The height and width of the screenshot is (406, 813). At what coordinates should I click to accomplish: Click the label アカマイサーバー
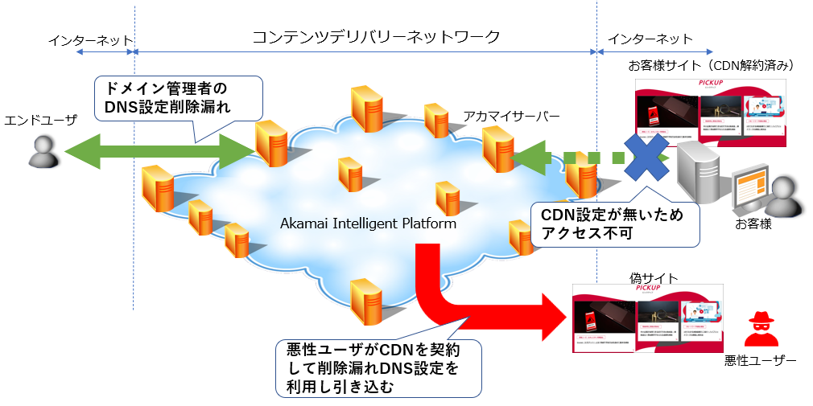click(x=511, y=117)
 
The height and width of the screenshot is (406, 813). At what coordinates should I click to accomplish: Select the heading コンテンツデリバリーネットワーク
click(x=376, y=37)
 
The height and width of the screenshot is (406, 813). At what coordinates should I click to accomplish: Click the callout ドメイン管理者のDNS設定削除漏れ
click(x=179, y=96)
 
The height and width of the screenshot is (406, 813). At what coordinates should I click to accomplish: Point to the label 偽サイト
click(x=652, y=277)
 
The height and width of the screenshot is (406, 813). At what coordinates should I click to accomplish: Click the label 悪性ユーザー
click(x=761, y=362)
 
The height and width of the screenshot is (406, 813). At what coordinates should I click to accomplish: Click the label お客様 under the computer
click(x=753, y=224)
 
